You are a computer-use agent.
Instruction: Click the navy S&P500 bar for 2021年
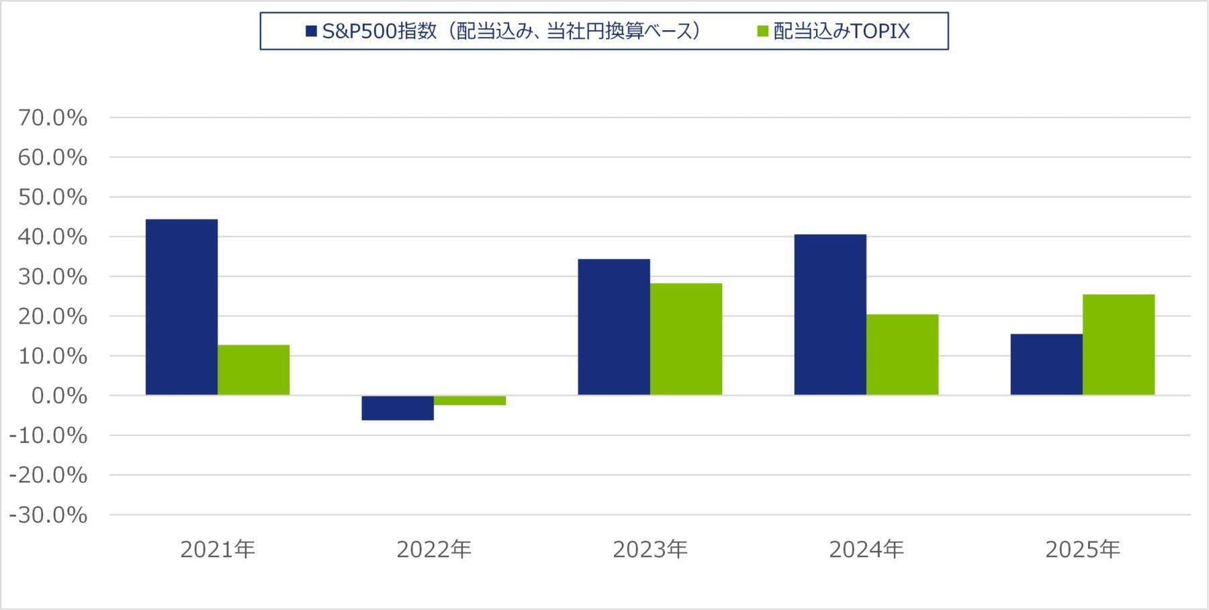(x=181, y=307)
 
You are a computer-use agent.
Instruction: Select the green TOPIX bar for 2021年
(x=253, y=370)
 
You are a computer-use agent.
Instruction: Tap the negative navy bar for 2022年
(x=398, y=407)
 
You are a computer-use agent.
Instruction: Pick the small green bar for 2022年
(x=469, y=400)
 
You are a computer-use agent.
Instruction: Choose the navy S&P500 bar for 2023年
(x=614, y=327)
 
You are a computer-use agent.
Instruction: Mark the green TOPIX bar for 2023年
(x=686, y=339)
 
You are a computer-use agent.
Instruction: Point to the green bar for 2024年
(x=902, y=354)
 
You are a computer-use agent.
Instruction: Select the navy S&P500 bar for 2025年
(x=1046, y=364)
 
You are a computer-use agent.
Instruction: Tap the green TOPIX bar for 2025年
(x=1118, y=344)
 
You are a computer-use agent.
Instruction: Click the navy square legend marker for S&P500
(x=311, y=32)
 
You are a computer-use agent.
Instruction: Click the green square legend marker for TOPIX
(x=762, y=32)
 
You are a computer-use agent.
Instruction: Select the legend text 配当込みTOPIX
(x=841, y=32)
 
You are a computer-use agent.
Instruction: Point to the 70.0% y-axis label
(x=53, y=118)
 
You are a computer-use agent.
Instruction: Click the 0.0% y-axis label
(x=59, y=396)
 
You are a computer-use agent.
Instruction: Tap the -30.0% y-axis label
(x=48, y=515)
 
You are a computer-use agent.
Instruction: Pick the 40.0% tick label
(x=53, y=237)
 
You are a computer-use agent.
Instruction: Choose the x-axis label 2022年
(x=434, y=550)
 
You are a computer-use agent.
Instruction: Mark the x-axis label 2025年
(x=1083, y=550)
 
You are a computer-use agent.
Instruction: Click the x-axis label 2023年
(x=650, y=550)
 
